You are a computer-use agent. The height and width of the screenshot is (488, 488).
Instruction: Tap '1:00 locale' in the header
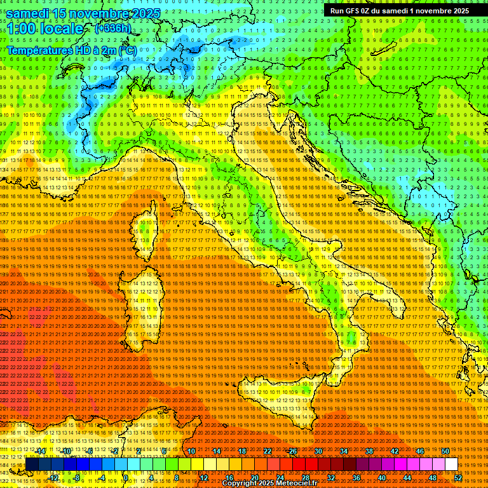(x=44, y=29)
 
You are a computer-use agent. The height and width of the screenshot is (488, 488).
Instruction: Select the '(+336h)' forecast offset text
(x=112, y=28)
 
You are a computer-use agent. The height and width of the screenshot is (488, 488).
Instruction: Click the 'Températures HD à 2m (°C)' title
(x=71, y=50)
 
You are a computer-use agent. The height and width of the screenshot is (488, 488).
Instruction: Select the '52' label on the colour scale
(x=458, y=478)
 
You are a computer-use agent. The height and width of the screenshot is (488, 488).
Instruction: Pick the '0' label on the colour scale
(x=126, y=478)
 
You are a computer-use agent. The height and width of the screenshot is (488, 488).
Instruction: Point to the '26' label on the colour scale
(x=292, y=451)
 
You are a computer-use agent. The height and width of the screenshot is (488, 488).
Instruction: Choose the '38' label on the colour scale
(x=369, y=451)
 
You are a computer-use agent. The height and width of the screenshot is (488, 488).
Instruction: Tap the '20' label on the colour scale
(x=254, y=478)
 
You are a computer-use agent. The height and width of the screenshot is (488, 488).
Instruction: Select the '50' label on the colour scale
(x=445, y=451)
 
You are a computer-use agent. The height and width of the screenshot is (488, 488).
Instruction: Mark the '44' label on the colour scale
(x=407, y=478)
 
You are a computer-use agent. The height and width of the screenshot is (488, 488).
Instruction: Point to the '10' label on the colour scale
(x=191, y=451)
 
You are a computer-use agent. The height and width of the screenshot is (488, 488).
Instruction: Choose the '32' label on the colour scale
(x=330, y=478)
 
